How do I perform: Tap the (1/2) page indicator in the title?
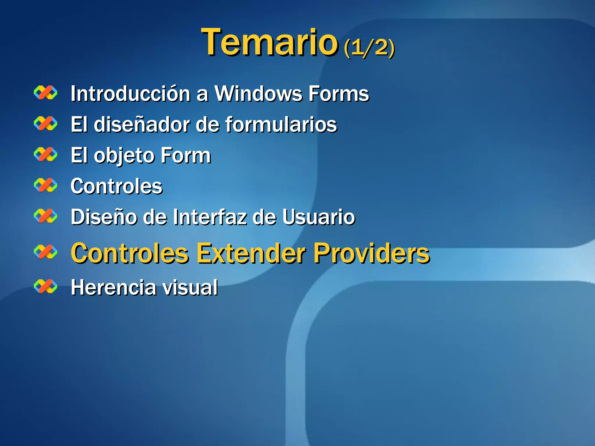click(369, 47)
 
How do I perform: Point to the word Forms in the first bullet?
click(338, 94)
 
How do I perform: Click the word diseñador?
click(142, 125)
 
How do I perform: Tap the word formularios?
click(281, 125)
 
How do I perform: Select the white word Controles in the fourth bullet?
click(117, 186)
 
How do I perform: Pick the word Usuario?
click(318, 217)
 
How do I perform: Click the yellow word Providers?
click(371, 253)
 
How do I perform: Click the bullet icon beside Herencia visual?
click(46, 287)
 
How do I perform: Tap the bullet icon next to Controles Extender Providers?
click(46, 252)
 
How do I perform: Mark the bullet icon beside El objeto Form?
click(46, 154)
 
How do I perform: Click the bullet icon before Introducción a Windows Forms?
click(46, 93)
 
